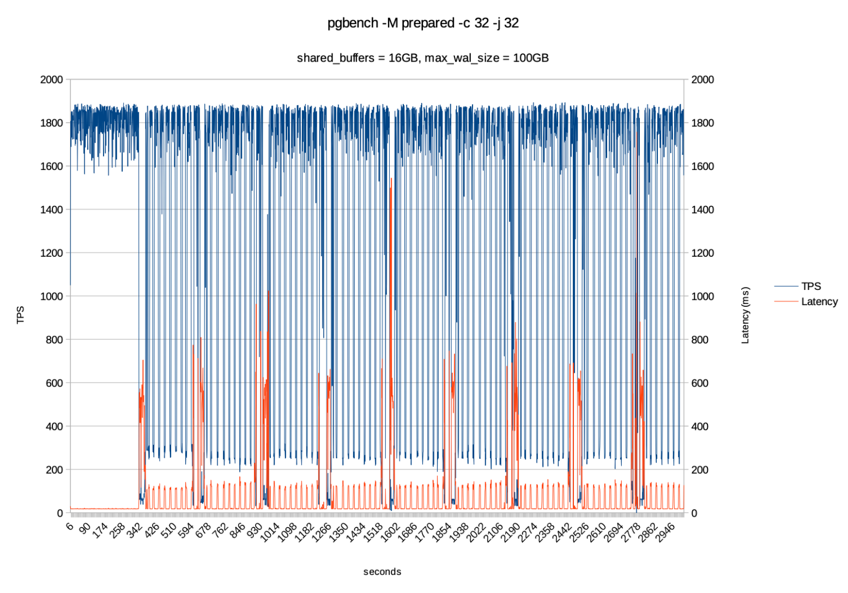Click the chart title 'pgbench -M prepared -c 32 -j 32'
tap(423, 23)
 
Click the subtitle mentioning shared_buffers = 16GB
tap(423, 58)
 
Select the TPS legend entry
tap(810, 286)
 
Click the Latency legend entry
tap(819, 301)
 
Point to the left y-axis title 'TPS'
tap(21, 315)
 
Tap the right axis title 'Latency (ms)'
tap(746, 315)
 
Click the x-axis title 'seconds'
tap(382, 571)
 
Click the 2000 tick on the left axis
tap(52, 80)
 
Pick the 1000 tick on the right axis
tap(702, 296)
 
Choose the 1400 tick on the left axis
tap(52, 209)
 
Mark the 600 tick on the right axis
tap(700, 383)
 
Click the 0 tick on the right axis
tap(694, 513)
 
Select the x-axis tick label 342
tap(135, 530)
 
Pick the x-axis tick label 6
tap(69, 525)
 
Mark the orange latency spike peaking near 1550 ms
tap(391, 178)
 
